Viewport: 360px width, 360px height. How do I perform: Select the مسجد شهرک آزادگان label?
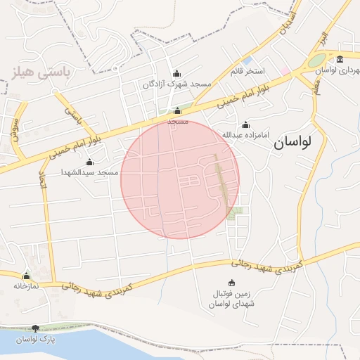coord(176,84)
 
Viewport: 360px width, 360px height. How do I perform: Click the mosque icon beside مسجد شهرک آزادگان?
coord(176,73)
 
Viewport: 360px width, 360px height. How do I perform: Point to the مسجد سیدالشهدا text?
coord(89,172)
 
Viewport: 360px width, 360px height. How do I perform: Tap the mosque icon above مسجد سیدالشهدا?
coord(89,162)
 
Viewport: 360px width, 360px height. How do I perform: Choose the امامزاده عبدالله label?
coord(245,134)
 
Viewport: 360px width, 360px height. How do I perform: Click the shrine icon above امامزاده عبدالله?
coord(245,124)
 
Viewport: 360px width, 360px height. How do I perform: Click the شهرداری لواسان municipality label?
coord(337,70)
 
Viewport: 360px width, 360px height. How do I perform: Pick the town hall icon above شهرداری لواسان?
coord(340,59)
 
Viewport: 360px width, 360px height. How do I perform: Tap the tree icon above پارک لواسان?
coord(36,328)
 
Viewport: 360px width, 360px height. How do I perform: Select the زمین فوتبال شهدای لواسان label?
coord(232,298)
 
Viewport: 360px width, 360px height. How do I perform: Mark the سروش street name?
coord(15,128)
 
